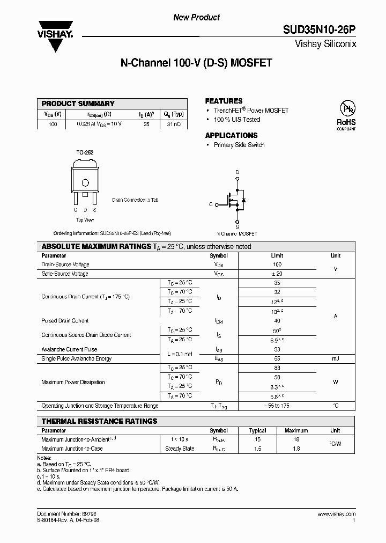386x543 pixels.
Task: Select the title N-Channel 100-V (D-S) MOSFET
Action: [196, 63]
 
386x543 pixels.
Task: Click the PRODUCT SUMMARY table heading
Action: [78, 104]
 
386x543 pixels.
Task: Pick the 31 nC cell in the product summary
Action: [174, 124]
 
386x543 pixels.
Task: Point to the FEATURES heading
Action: [224, 101]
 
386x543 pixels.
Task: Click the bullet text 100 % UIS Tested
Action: [236, 120]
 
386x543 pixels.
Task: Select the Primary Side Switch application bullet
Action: [239, 145]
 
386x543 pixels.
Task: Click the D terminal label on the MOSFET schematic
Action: [237, 172]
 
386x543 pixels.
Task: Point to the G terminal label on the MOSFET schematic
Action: [211, 204]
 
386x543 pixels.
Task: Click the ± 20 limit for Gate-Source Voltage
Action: [277, 274]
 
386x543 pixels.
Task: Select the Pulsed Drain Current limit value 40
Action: [277, 321]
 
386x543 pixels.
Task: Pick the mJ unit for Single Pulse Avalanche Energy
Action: [335, 358]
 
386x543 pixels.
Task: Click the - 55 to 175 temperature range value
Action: [277, 406]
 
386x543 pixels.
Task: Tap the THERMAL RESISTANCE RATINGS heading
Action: [100, 421]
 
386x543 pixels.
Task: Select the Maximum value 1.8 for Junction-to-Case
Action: [296, 449]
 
